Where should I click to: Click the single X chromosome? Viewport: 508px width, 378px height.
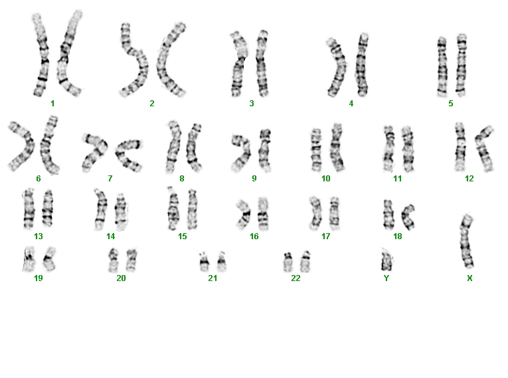[467, 241]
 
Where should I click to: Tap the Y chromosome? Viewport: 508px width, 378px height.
[386, 260]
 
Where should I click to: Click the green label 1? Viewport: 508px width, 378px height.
[52, 104]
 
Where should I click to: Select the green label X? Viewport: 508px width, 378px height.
[469, 278]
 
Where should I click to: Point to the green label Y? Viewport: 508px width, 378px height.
[386, 278]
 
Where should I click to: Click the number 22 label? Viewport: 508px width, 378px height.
[296, 278]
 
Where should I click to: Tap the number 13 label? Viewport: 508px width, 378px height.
[39, 236]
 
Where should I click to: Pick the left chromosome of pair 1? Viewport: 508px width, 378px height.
[41, 55]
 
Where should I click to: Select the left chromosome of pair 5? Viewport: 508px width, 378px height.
[442, 67]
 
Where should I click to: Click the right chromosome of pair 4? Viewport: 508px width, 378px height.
[362, 65]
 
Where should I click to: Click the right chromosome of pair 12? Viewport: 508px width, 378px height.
[483, 149]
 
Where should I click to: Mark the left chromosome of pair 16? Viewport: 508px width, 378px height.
[244, 214]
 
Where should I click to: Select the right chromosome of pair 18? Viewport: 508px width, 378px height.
[407, 217]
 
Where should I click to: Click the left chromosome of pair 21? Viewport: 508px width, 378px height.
[204, 262]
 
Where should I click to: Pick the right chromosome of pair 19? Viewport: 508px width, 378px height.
[49, 259]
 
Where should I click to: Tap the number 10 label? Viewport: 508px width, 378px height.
[326, 178]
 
